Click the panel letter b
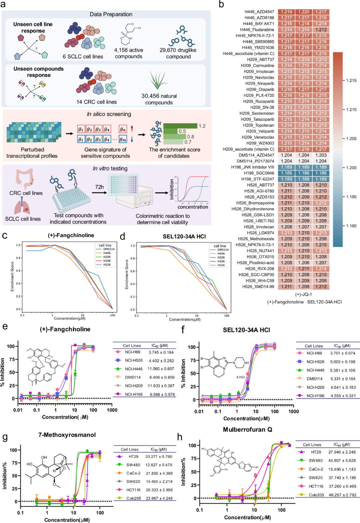coord(221,5)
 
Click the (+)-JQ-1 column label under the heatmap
coord(303,294)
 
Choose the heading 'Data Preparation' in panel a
coord(111,14)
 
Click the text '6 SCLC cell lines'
coord(83,57)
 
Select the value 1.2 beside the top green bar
coord(202,126)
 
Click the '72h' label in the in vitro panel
coord(99,187)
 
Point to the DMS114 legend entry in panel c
coord(109,249)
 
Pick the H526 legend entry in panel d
coord(221,265)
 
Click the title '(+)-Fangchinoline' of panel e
coord(65,329)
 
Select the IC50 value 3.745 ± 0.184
coord(161,352)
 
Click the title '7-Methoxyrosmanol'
coord(67,435)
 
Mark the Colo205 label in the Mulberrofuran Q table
coord(316,495)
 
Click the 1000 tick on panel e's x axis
coord(112,410)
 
